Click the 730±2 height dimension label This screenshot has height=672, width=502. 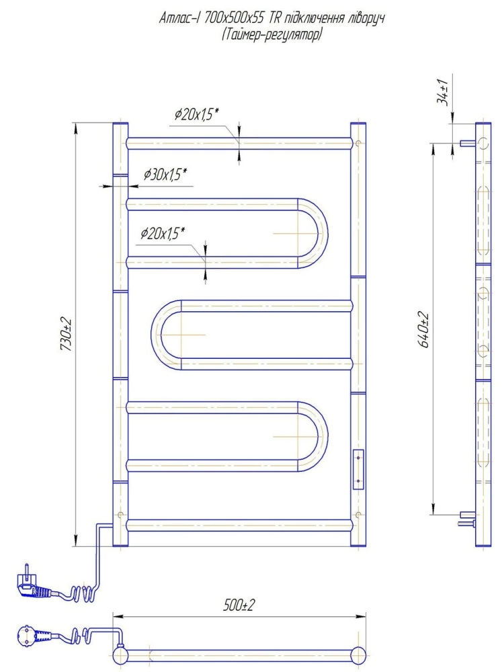(x=67, y=335)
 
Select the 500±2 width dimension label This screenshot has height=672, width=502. (x=239, y=605)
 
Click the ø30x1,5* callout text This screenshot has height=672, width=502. (x=165, y=174)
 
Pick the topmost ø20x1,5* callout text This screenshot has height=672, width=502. (x=197, y=114)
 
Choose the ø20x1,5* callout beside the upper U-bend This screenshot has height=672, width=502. (x=163, y=234)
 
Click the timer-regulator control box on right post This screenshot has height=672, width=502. (x=358, y=469)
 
